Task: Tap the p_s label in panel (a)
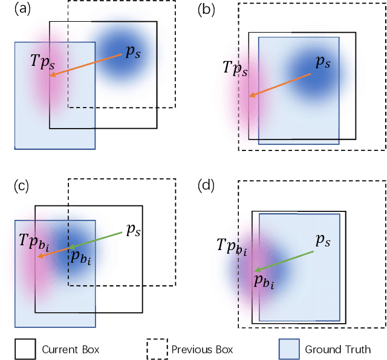pos(133,53)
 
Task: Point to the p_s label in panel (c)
pos(134,230)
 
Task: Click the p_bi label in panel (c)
pos(80,256)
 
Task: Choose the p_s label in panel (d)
pos(324,240)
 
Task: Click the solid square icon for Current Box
pos(25,349)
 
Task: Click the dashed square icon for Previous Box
pos(156,349)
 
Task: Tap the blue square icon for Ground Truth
pos(288,349)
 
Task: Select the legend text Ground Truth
pos(337,349)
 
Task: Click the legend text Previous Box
pos(202,349)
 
